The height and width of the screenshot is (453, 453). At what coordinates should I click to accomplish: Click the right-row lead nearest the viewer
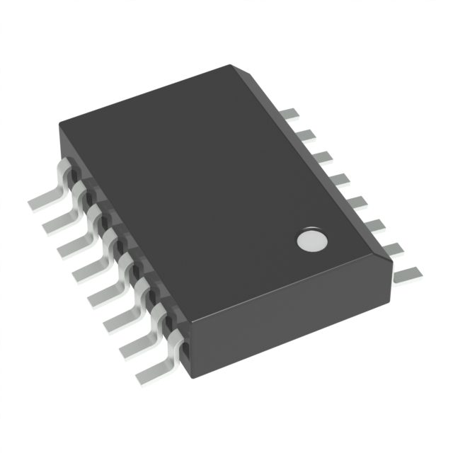(406, 273)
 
